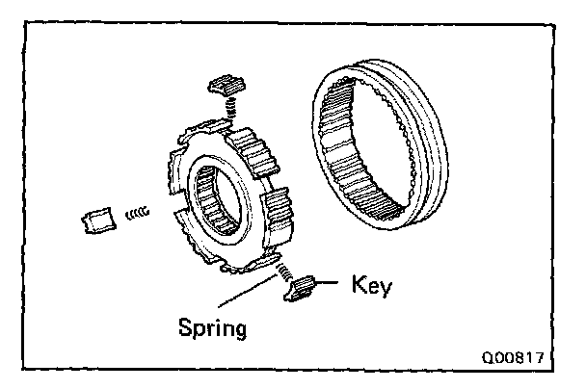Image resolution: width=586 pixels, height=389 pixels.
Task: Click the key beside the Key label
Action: point(303,287)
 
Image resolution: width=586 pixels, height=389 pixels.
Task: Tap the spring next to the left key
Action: point(140,212)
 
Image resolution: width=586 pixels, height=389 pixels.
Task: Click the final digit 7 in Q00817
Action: point(540,356)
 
